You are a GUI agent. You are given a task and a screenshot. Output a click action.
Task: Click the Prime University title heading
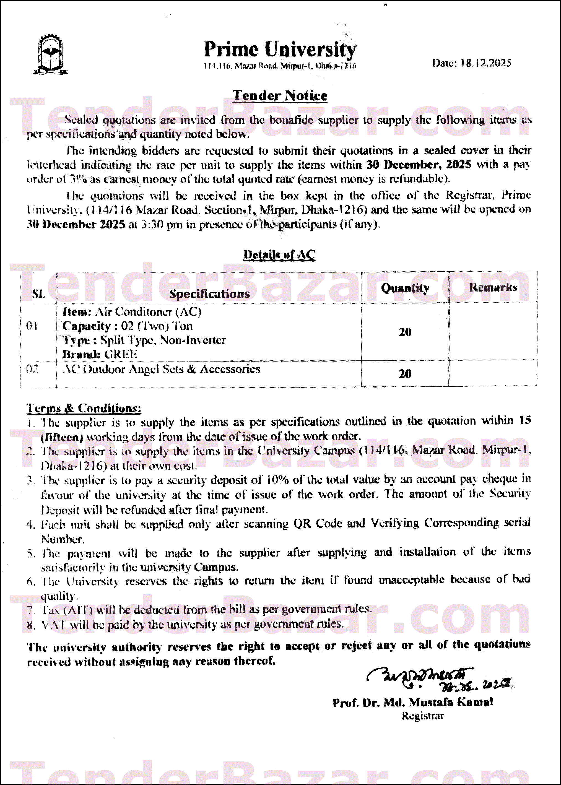(x=280, y=50)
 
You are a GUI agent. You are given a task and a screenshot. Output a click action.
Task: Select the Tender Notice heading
(x=280, y=96)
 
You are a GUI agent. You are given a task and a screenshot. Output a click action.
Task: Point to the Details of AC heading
(x=279, y=254)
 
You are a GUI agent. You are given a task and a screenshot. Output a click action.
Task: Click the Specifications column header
(x=209, y=293)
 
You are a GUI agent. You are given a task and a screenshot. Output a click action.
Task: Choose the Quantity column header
(x=405, y=288)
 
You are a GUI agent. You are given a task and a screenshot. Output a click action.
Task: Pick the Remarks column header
(x=493, y=287)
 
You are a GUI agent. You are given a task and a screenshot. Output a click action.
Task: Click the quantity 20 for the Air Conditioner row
(x=405, y=332)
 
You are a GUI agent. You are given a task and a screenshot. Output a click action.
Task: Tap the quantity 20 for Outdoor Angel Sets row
(x=405, y=374)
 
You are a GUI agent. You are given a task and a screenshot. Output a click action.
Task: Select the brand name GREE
(x=121, y=354)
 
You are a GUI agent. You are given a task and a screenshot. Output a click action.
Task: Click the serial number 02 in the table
(x=32, y=369)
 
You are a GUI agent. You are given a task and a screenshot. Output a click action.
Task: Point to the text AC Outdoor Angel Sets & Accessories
(x=161, y=369)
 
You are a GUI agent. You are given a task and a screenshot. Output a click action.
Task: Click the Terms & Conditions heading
(x=84, y=408)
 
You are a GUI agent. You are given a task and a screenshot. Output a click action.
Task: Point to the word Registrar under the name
(x=422, y=716)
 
